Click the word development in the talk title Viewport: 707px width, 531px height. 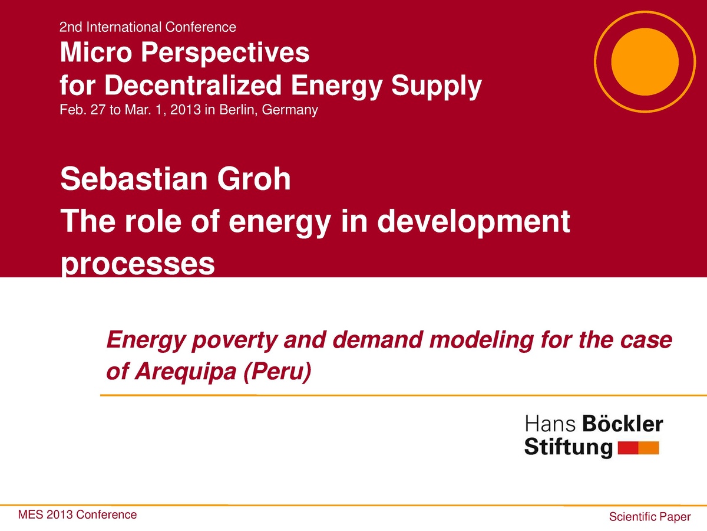point(474,223)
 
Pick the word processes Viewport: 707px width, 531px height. point(137,265)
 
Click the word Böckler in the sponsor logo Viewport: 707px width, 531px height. point(622,424)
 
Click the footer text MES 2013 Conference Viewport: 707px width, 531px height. point(77,514)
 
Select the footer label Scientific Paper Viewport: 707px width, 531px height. point(649,517)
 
